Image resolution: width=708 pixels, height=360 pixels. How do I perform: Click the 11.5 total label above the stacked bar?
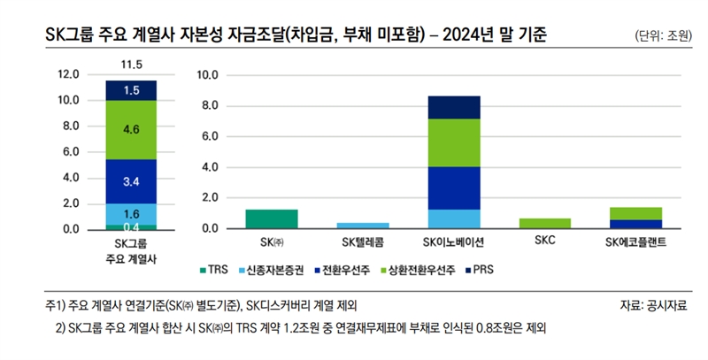tap(131, 65)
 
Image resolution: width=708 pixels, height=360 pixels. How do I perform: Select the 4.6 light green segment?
tap(131, 129)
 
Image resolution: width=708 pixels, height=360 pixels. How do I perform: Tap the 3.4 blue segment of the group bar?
tap(131, 181)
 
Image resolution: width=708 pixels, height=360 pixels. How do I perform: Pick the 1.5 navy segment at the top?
tap(131, 90)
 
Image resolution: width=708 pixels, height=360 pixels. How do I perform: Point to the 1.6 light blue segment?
tap(131, 213)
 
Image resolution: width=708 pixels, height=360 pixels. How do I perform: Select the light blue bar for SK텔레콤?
tap(363, 225)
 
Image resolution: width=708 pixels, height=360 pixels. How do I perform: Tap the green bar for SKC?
tap(545, 223)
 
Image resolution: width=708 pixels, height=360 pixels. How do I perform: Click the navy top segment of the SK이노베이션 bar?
tap(454, 107)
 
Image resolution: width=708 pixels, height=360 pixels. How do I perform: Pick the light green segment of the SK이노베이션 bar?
tap(454, 142)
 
